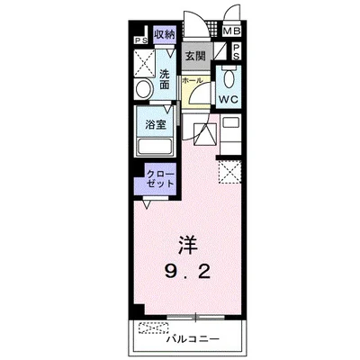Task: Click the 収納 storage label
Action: click(x=163, y=35)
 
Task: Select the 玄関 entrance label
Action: click(x=196, y=55)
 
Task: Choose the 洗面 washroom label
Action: click(x=166, y=78)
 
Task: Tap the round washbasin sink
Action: click(x=142, y=89)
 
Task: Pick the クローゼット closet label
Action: click(x=157, y=175)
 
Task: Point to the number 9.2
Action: click(x=187, y=270)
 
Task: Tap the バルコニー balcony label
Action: click(x=192, y=340)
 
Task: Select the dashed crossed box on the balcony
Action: click(x=155, y=328)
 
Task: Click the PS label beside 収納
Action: click(x=140, y=40)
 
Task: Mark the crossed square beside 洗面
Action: click(x=142, y=60)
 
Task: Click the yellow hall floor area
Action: click(x=197, y=94)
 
